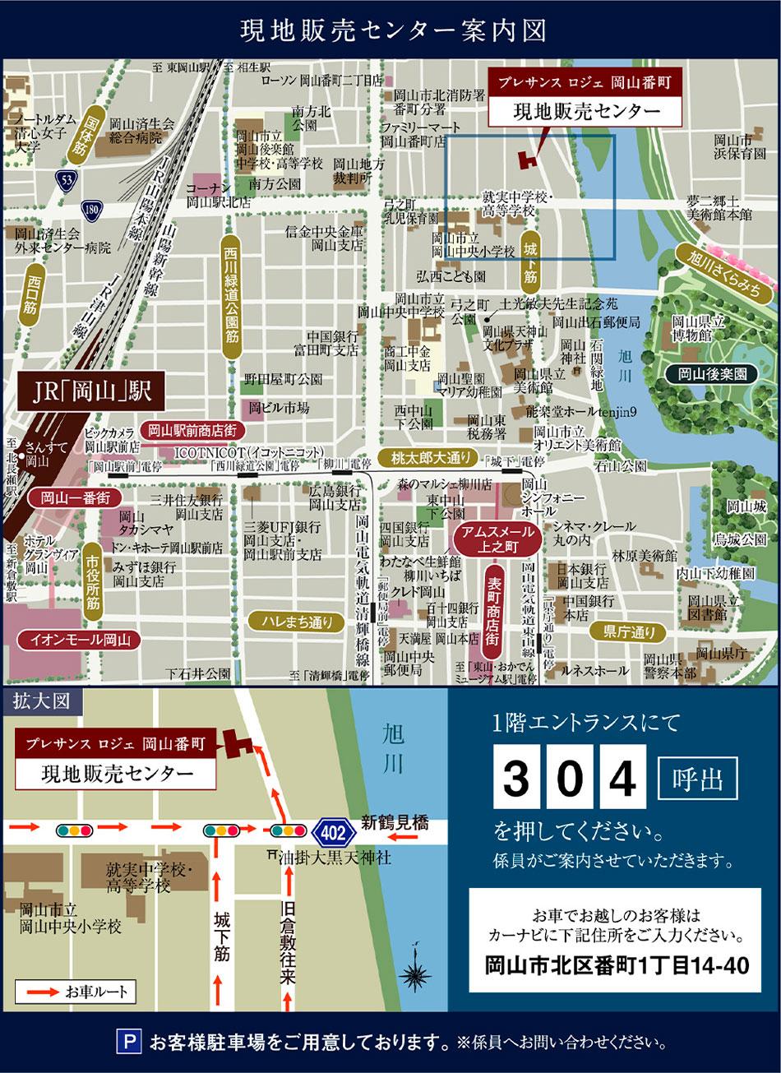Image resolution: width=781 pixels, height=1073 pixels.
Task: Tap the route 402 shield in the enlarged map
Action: tap(333, 831)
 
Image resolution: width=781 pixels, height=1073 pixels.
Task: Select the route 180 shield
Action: tap(91, 211)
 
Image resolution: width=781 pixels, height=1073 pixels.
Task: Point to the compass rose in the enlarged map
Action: tap(417, 975)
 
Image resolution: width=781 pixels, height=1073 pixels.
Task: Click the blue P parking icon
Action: tap(128, 1043)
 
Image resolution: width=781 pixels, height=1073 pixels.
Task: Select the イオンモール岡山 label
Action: tap(75, 639)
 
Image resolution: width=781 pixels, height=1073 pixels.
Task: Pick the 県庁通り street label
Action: tap(631, 631)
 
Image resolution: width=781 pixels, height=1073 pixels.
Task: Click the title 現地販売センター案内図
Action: tap(390, 30)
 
